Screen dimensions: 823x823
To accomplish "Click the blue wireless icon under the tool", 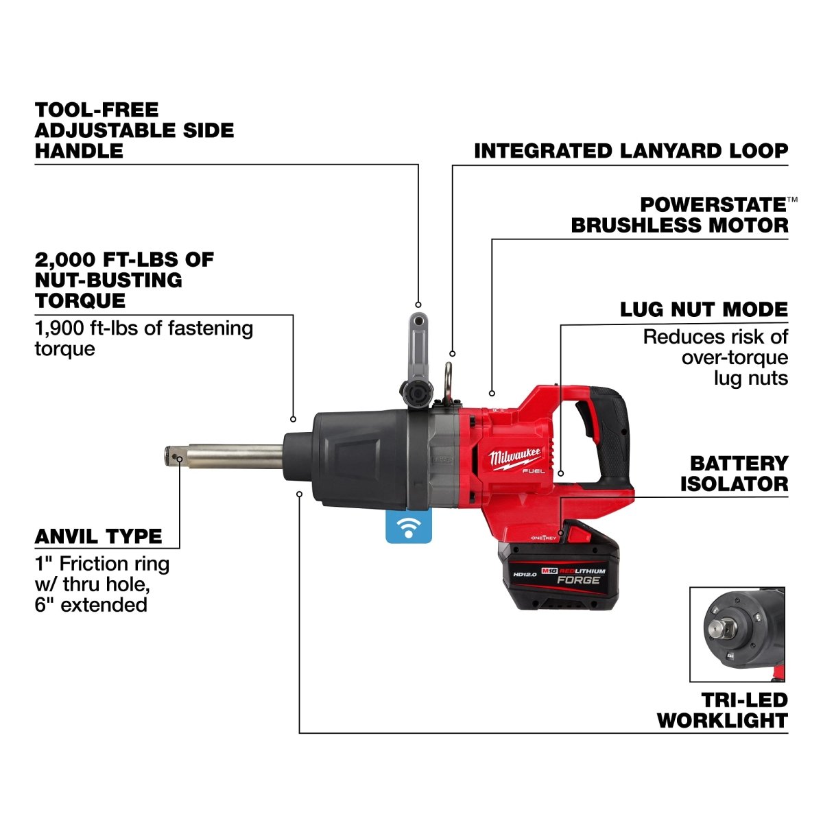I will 409,527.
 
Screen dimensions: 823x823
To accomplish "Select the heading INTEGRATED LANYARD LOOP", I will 631,151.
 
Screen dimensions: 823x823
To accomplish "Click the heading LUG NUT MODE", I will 704,309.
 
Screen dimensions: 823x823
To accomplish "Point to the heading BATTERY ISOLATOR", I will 734,473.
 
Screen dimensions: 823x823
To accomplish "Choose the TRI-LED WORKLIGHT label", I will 722,711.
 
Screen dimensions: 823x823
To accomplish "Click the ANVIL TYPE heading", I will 99,536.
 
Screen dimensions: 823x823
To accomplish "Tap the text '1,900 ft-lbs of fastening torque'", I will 143,338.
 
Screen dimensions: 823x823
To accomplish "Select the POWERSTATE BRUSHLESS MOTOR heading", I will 680,215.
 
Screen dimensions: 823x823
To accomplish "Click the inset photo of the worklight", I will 737,634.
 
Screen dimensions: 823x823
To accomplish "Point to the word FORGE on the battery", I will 577,580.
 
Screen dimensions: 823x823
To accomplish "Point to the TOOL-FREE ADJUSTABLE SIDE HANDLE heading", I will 134,130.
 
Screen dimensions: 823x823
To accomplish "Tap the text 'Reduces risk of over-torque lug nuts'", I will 715,357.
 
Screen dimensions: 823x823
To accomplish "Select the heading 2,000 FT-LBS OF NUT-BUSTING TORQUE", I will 124,280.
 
